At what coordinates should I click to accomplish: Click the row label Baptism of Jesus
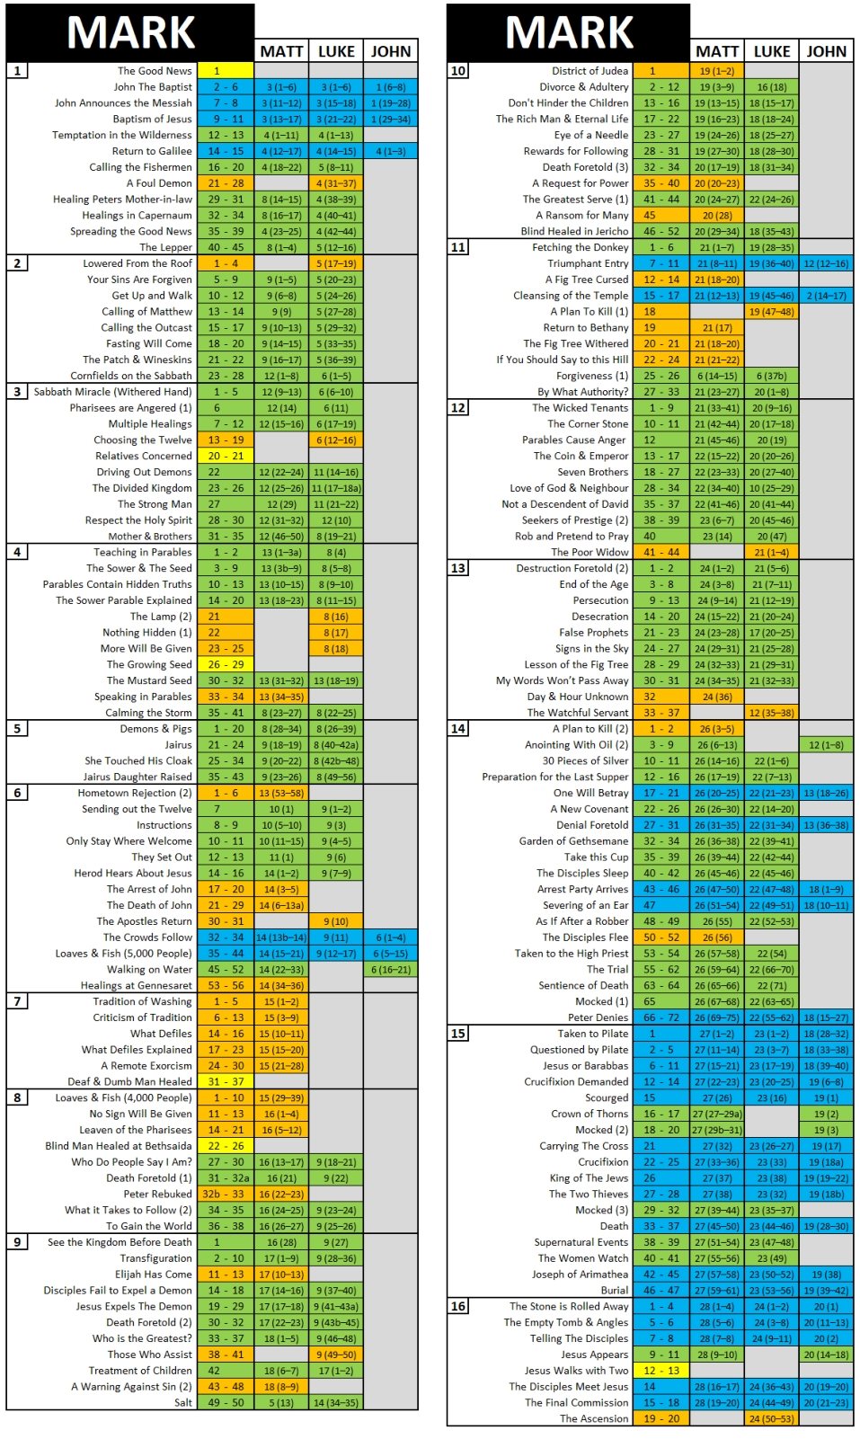click(x=152, y=120)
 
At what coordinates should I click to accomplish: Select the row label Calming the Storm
click(x=148, y=713)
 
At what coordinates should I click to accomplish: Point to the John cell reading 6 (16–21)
click(x=391, y=970)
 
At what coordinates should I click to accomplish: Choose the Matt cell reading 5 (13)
click(x=281, y=1403)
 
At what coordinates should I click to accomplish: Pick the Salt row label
click(x=183, y=1403)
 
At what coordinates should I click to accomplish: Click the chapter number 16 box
click(x=458, y=1306)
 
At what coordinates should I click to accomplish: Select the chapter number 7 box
click(x=17, y=1001)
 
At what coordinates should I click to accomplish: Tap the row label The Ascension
click(x=594, y=1419)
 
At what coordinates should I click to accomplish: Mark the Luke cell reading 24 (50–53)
click(x=772, y=1419)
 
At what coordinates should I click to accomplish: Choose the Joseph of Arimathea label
click(x=580, y=1275)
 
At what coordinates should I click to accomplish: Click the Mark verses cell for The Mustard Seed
click(x=226, y=681)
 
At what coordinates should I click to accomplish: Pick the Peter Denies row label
click(x=598, y=1018)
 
